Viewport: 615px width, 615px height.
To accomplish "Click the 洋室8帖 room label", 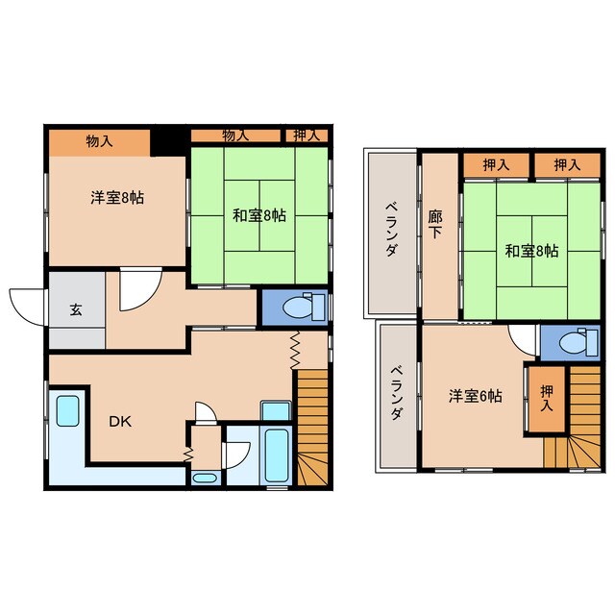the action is pyautogui.click(x=117, y=197).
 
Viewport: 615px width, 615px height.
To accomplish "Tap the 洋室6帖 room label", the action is pyautogui.click(x=476, y=396).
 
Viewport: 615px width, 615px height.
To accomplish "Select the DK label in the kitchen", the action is pyautogui.click(x=120, y=422).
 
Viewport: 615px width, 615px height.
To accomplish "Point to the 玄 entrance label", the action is pyautogui.click(x=76, y=309).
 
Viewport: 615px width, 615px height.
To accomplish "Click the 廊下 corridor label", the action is pyautogui.click(x=434, y=224).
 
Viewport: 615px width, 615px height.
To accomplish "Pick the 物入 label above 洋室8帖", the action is pyautogui.click(x=99, y=141).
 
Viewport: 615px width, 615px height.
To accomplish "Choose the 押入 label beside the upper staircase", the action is pyautogui.click(x=547, y=398).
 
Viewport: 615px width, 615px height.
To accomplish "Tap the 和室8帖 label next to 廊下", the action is pyautogui.click(x=531, y=251).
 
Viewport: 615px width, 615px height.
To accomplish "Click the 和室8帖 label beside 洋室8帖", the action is pyautogui.click(x=259, y=215).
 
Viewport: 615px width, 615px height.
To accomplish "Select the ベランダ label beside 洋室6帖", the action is pyautogui.click(x=397, y=393).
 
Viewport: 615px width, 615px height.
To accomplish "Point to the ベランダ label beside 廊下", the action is pyautogui.click(x=391, y=229).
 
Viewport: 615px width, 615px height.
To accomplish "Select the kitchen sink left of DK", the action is pyautogui.click(x=67, y=410).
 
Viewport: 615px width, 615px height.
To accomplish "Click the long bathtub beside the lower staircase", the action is pyautogui.click(x=276, y=455).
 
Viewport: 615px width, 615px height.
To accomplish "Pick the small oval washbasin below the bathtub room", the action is pyautogui.click(x=205, y=479).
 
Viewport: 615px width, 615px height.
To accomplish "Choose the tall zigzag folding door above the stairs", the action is pyautogui.click(x=295, y=350).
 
